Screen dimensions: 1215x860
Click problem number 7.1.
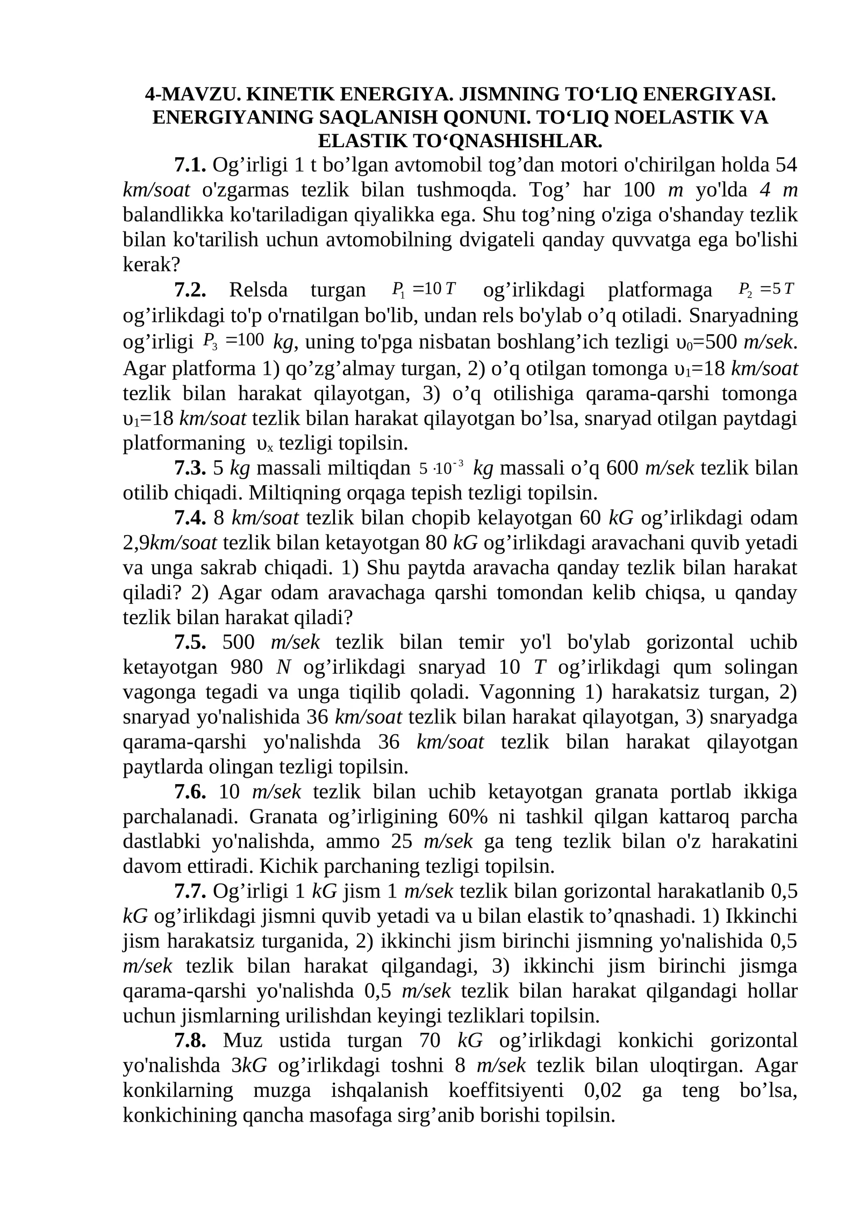(x=190, y=165)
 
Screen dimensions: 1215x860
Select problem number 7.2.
(x=190, y=291)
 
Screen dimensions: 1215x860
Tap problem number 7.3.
(x=190, y=468)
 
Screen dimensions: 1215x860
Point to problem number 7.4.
(x=190, y=518)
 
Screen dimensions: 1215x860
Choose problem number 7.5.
(x=190, y=642)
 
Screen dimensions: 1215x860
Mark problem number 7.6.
(x=190, y=792)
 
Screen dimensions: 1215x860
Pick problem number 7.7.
(x=190, y=892)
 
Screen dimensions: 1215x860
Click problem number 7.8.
(x=190, y=1041)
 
